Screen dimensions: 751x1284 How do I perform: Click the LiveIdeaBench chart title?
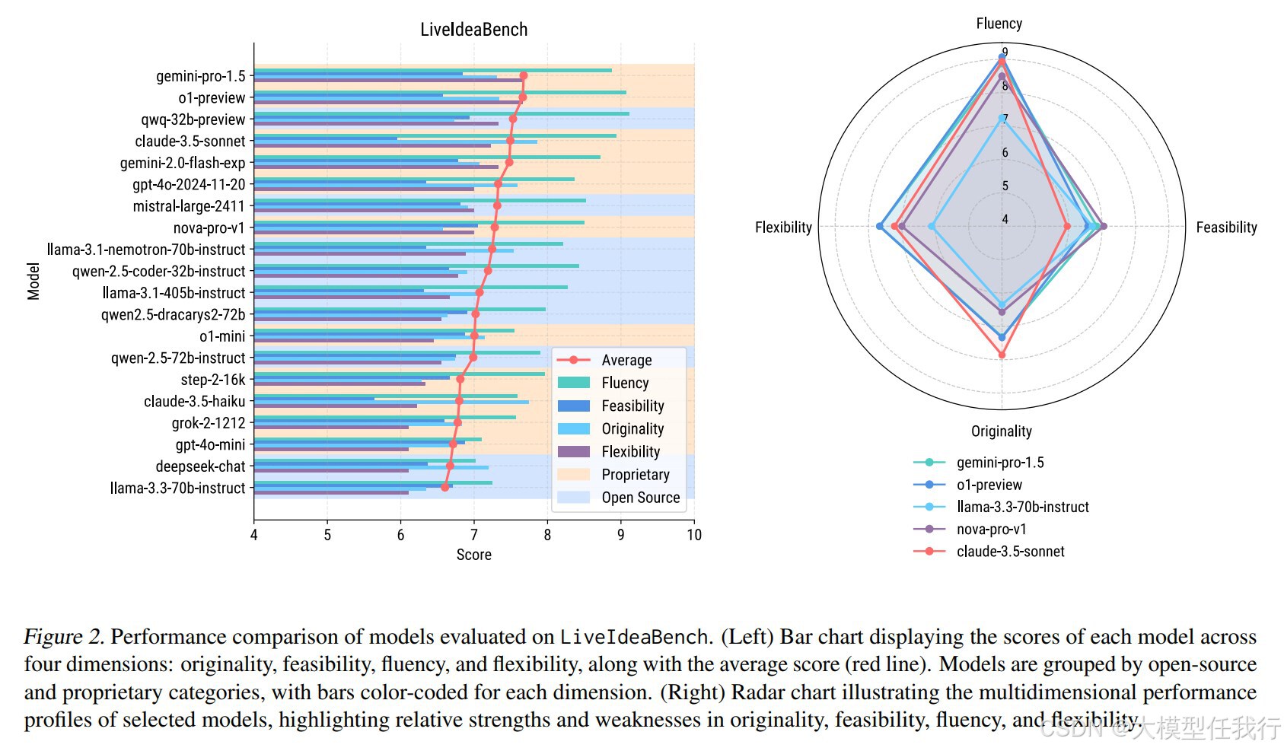pos(473,30)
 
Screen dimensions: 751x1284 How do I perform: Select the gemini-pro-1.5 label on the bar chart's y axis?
pos(201,76)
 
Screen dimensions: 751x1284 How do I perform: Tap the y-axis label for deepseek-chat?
pos(200,466)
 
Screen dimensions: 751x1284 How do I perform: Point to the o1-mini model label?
pos(222,336)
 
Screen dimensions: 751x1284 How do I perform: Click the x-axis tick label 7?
pos(474,535)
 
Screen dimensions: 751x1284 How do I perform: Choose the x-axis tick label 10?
pos(693,535)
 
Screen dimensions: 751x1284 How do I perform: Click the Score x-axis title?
pos(473,555)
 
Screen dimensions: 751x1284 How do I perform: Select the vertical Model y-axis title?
pos(33,281)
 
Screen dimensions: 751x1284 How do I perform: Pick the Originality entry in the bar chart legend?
pos(632,429)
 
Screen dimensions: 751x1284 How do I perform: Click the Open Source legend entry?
pos(640,498)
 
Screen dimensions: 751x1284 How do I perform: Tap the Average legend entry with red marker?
pos(626,360)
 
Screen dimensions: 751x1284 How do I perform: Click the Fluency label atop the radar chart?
pos(999,24)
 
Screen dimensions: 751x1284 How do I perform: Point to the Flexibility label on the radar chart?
pos(783,228)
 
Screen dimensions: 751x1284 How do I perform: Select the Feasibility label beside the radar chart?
pos(1226,228)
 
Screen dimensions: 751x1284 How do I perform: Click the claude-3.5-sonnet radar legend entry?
pos(1010,552)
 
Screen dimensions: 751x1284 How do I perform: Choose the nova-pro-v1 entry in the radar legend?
pos(991,530)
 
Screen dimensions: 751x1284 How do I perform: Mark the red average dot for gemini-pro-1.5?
pos(524,75)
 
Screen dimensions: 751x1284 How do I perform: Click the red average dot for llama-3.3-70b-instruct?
pos(445,487)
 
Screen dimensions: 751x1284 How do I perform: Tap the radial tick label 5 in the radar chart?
pos(1005,186)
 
